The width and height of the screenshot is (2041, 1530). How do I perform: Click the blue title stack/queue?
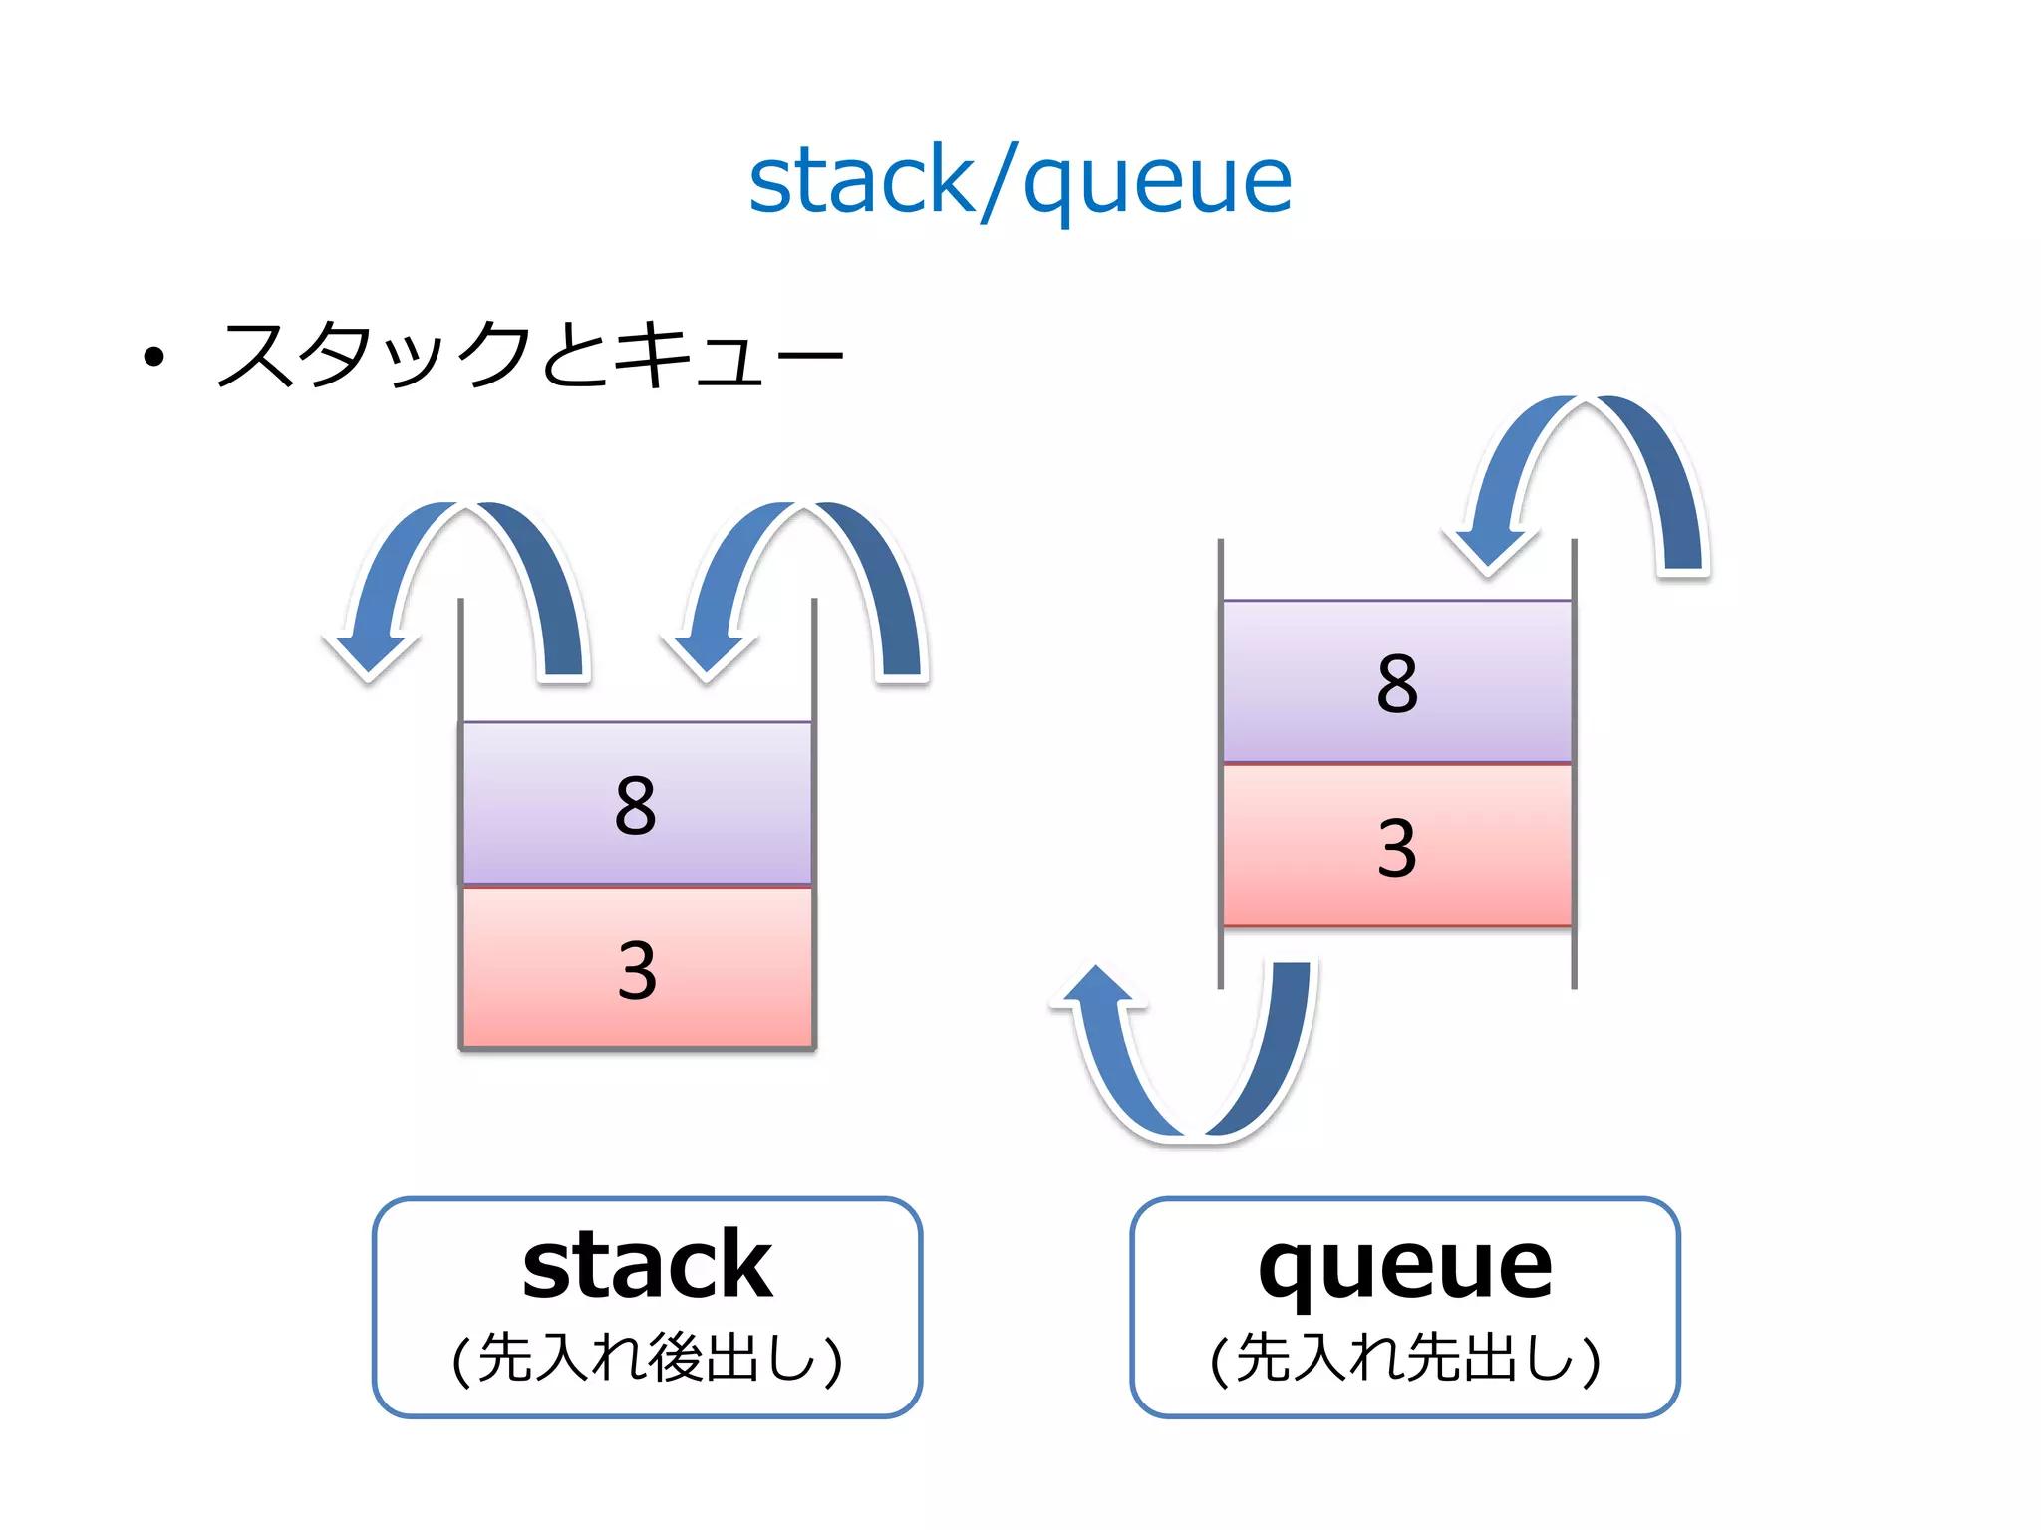pos(1020,181)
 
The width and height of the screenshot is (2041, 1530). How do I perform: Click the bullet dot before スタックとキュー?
pos(153,357)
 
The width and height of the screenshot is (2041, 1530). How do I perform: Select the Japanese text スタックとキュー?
pos(529,355)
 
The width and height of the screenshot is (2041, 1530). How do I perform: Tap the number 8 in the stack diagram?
pos(636,805)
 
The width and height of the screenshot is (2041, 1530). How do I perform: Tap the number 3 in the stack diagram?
pos(636,969)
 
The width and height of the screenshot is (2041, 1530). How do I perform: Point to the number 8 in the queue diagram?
pos(1397,684)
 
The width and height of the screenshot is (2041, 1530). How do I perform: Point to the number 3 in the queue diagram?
pos(1397,849)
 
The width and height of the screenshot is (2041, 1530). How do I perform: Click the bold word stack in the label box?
pos(647,1265)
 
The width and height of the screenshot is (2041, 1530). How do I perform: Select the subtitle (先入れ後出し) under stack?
pos(647,1358)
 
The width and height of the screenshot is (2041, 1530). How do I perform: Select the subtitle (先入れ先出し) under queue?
pos(1405,1358)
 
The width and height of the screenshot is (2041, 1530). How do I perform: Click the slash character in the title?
pos(999,183)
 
